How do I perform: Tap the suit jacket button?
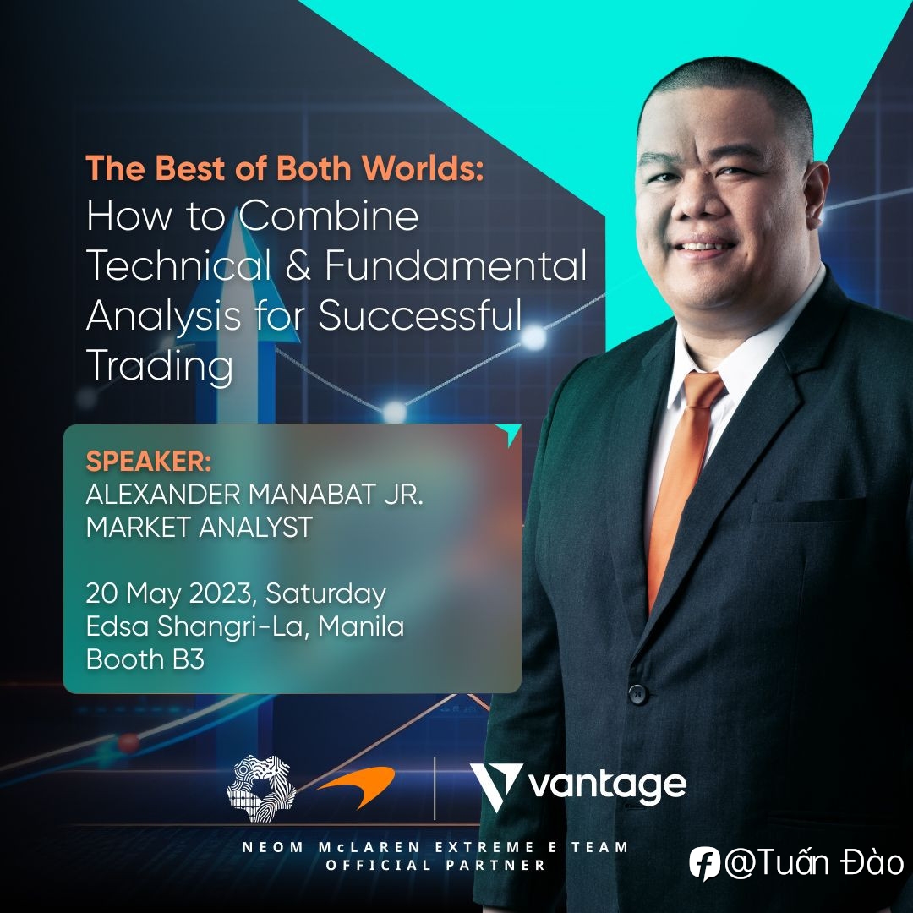[638, 693]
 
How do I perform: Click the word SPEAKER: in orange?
[149, 462]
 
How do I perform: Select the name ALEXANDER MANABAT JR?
[254, 495]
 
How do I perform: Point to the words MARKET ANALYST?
[200, 527]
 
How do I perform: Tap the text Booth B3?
[145, 659]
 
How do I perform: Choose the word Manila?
[361, 626]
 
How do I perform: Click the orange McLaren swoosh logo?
[357, 787]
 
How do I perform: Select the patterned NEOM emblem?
[261, 789]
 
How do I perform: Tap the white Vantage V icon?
[495, 787]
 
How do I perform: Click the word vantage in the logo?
[607, 787]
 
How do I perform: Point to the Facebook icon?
[704, 863]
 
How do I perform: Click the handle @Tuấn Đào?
[813, 862]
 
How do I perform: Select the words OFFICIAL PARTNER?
[435, 866]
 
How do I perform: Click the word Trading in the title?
[160, 366]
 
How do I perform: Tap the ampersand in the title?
[298, 265]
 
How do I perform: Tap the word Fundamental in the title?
[456, 265]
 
